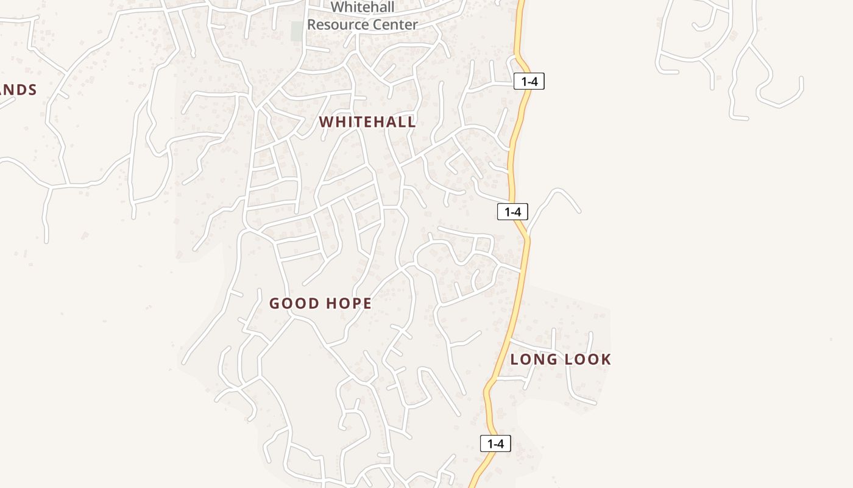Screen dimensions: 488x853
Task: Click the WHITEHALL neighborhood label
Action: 367,122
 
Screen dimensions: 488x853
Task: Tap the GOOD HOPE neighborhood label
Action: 320,303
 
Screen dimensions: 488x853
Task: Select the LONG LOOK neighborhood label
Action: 561,359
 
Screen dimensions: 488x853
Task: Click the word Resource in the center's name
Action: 339,25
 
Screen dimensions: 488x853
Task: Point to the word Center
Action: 396,25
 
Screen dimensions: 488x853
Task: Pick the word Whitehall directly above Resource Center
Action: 363,7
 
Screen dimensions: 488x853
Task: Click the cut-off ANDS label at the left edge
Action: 18,90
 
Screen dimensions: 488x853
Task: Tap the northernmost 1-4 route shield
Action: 529,81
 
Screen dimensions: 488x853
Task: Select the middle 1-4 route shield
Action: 512,212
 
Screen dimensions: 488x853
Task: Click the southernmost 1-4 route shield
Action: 495,443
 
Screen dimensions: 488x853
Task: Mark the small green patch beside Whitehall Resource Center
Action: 297,31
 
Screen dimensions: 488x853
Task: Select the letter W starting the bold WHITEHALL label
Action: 325,122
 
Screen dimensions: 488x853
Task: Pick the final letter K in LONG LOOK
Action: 606,359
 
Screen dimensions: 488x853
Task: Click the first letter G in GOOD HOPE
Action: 274,303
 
